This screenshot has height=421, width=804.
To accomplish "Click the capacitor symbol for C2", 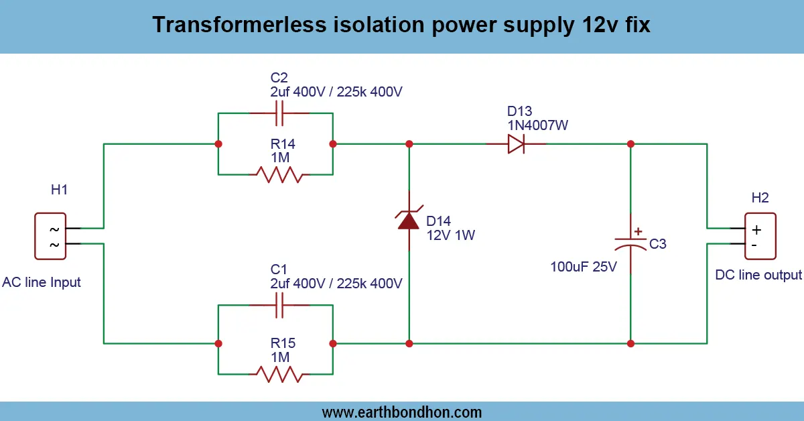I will point(281,113).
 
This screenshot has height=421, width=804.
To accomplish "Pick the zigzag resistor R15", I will point(279,373).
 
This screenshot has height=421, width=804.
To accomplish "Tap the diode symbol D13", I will point(516,143).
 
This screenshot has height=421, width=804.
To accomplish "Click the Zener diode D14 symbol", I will point(409,221).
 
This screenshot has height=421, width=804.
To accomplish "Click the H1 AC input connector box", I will point(51,236).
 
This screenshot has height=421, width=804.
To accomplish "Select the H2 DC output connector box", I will point(760,236).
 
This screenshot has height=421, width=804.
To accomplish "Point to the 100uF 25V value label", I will point(584,267).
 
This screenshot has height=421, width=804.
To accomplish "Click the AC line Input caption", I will point(42,282).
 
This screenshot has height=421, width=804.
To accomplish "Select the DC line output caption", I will point(758,275).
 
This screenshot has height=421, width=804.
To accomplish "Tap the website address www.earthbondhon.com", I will point(402,412).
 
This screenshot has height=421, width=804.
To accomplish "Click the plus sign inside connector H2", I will point(756,229).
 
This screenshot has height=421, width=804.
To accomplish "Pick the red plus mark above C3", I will point(638,231).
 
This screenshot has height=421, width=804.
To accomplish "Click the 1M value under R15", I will point(280,357).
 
